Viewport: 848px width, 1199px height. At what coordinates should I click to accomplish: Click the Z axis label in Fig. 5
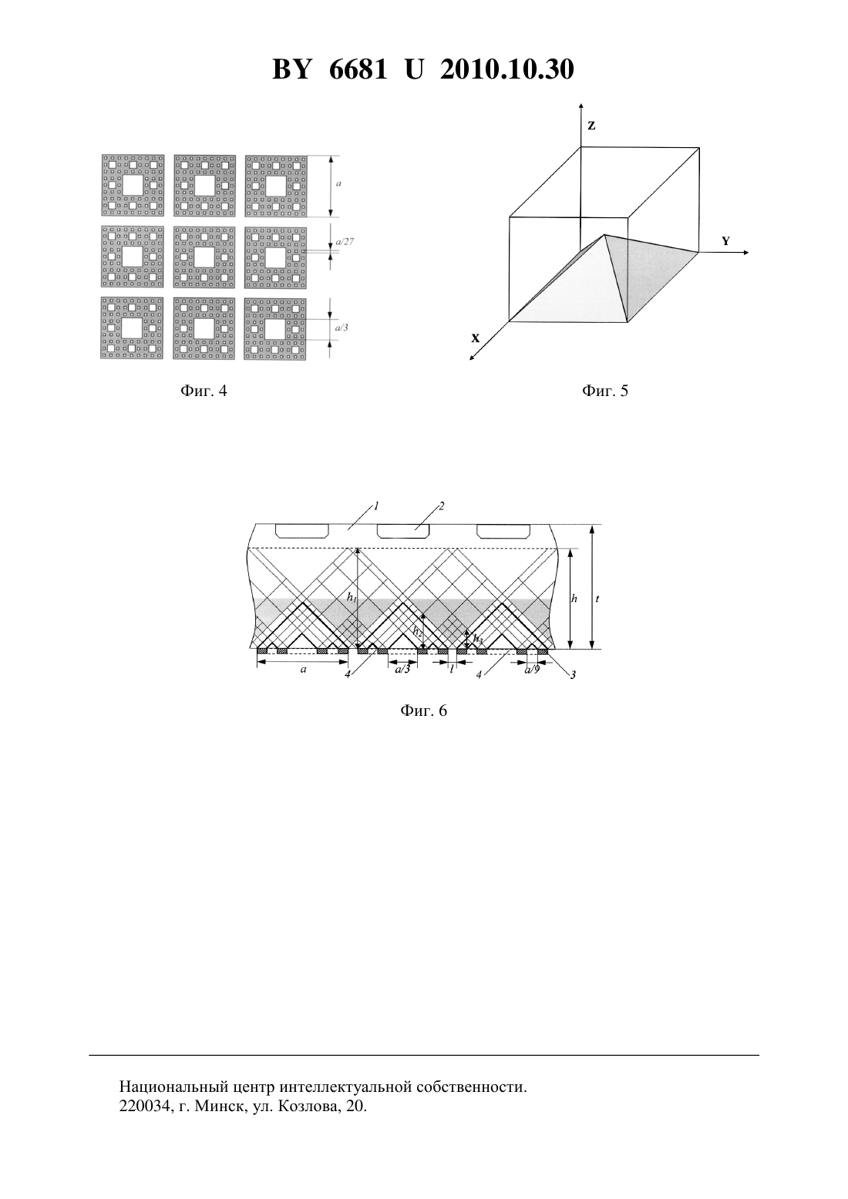[591, 126]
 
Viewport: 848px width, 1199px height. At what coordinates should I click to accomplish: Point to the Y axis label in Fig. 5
[726, 241]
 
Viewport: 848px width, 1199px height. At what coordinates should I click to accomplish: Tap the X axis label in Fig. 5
[476, 338]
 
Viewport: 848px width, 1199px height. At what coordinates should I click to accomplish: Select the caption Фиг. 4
[204, 391]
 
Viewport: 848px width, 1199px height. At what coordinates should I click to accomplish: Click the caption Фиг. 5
[605, 391]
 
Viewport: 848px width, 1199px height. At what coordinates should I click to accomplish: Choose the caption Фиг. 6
[423, 710]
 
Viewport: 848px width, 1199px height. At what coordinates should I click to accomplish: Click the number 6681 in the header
[358, 69]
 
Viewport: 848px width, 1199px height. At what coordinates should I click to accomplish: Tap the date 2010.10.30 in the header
[507, 69]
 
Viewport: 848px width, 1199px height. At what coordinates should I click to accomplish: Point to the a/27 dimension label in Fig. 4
[345, 241]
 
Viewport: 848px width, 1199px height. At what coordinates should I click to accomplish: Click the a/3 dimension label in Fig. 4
[342, 327]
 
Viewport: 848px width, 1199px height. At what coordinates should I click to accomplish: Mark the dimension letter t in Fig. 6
[597, 599]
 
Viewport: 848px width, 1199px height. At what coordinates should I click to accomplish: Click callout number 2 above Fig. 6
[442, 505]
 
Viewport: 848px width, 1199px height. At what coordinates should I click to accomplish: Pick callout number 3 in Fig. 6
[573, 675]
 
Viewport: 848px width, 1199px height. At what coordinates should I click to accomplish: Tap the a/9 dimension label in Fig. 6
[532, 669]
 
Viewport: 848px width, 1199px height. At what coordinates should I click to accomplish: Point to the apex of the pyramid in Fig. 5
[605, 234]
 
